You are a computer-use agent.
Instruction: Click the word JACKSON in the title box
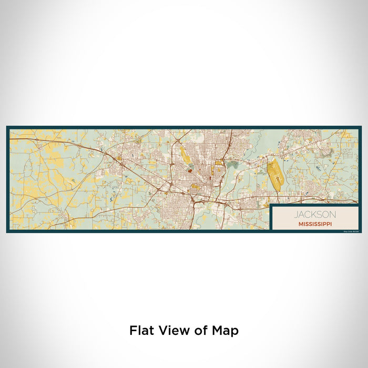314,214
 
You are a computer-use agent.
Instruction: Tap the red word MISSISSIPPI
314,223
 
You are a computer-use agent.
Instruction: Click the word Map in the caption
226,331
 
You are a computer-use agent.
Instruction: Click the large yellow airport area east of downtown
275,175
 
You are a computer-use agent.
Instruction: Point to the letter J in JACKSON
297,214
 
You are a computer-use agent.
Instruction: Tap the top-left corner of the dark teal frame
7,127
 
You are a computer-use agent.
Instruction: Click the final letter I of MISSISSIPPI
331,223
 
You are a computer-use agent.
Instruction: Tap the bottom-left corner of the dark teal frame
7,232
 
